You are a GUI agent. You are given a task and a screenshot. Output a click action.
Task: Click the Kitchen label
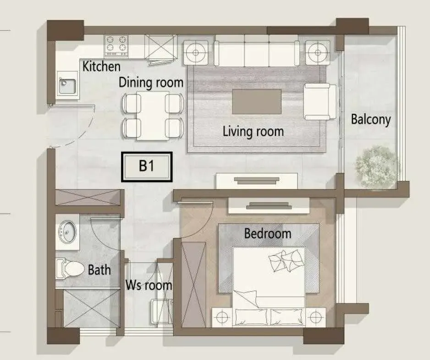point(101,66)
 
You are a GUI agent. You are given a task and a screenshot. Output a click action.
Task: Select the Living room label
point(253,132)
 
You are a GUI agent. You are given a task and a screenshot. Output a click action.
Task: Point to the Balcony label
point(371,120)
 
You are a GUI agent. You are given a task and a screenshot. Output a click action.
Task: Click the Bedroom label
point(268,234)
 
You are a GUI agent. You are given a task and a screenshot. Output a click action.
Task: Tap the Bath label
point(99,270)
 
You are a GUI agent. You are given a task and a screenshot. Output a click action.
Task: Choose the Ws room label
point(149,285)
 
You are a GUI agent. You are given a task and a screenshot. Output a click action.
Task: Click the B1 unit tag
point(147,167)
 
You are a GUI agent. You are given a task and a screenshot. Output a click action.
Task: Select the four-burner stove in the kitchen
point(116,46)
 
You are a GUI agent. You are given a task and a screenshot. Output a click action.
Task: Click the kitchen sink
point(67,85)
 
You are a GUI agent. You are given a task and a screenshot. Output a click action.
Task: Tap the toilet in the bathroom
point(70,269)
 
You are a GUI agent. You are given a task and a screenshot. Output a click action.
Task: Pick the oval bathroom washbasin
point(67,232)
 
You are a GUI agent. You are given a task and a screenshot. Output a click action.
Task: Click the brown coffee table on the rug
point(257,101)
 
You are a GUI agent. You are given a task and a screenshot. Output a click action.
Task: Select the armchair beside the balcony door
point(320,101)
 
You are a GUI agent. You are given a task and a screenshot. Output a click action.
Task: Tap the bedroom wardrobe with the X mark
point(193,284)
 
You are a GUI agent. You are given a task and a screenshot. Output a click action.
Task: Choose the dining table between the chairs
point(153,116)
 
